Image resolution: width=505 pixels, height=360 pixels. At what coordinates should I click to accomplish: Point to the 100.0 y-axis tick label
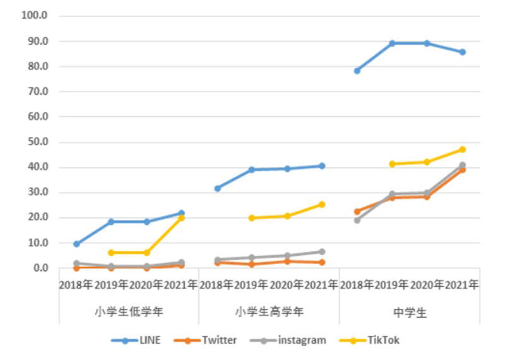point(35,16)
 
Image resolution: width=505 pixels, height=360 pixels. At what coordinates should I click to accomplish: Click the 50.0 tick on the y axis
point(37,142)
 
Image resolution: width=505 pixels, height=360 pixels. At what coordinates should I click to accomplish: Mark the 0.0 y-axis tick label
point(40,268)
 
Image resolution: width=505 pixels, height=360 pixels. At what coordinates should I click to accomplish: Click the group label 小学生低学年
point(129,311)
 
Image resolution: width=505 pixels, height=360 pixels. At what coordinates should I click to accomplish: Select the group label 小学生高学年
point(269,311)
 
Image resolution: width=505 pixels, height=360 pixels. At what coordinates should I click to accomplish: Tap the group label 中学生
point(409,311)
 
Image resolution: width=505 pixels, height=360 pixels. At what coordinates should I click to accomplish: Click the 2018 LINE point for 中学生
point(357,71)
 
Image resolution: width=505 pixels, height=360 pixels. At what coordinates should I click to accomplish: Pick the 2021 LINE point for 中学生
point(462,52)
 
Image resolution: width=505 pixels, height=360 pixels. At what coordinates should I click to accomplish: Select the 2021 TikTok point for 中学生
point(462,150)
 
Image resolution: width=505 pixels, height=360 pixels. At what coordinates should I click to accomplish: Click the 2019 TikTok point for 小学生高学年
point(252,218)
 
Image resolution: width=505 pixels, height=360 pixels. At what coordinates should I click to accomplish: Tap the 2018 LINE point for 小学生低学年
point(76,244)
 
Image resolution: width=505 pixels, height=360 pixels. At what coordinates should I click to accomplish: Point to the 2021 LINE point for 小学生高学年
point(322,166)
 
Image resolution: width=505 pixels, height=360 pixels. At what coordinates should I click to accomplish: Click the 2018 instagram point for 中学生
point(357,220)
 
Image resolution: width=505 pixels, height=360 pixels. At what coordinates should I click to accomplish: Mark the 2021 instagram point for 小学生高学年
point(322,252)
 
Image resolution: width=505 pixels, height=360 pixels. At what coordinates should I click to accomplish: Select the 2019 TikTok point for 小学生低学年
point(111,253)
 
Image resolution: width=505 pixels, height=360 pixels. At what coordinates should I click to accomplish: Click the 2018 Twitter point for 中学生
point(357,212)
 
